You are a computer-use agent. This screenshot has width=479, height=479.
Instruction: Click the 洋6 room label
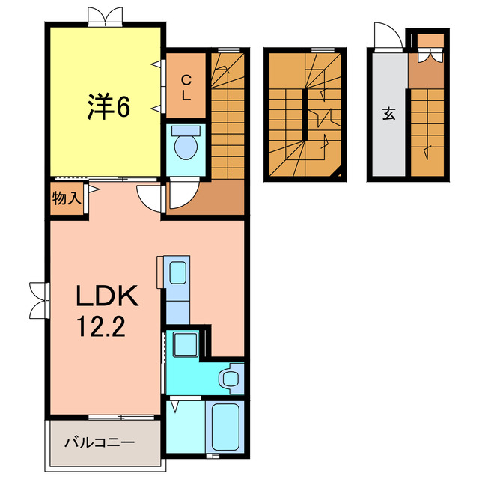click(106, 108)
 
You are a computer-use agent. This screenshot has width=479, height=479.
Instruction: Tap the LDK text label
click(106, 298)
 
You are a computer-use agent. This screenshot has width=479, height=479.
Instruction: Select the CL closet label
click(186, 88)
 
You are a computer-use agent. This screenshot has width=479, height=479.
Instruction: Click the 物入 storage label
click(66, 198)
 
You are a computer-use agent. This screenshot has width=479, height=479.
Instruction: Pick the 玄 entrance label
click(389, 114)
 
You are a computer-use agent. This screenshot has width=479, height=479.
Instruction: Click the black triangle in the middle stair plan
click(341, 174)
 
